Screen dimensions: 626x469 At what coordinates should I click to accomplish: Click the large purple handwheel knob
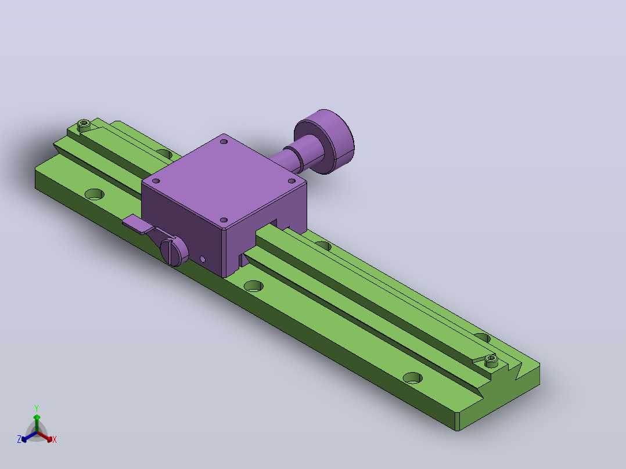(324, 142)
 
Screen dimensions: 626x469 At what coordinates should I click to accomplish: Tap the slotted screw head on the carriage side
(174, 251)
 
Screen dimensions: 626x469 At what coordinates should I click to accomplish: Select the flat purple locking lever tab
(138, 223)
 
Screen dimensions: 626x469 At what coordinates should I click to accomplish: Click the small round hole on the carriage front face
(203, 259)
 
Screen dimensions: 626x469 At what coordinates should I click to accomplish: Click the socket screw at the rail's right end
(491, 361)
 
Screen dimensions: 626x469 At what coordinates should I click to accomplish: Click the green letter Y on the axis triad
(37, 408)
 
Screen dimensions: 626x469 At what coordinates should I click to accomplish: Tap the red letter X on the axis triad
(55, 439)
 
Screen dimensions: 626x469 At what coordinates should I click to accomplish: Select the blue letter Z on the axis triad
(19, 439)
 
